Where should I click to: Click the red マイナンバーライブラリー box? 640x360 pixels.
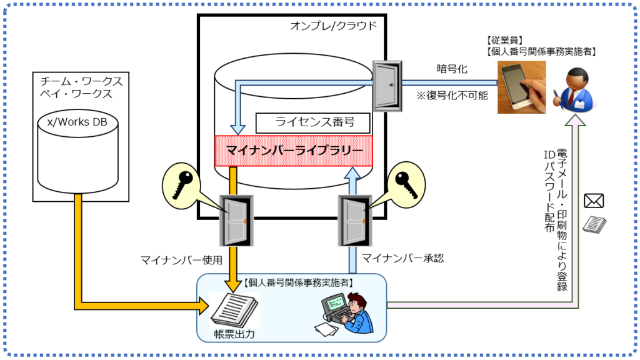point(293,151)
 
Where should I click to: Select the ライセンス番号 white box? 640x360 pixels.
point(313,122)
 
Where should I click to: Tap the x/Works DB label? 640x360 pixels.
point(77,121)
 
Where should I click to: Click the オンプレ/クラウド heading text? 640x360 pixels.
point(334,26)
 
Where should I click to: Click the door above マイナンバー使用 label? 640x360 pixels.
point(235,219)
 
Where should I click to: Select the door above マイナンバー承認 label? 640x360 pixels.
point(354,219)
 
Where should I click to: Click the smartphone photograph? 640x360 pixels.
point(521,87)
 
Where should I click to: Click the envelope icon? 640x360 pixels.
point(594,201)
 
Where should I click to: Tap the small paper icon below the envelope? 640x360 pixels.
point(594,223)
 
